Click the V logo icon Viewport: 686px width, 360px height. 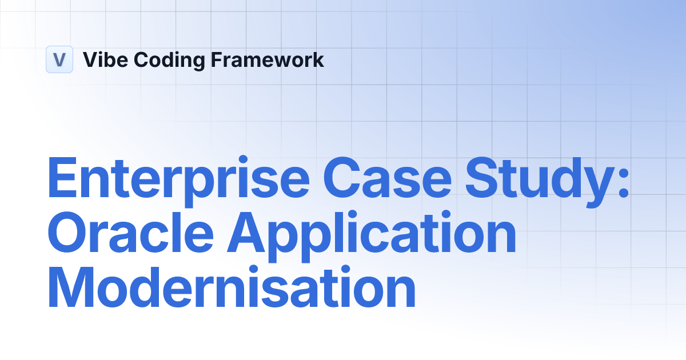[59, 59]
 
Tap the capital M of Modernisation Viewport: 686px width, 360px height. [74, 288]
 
